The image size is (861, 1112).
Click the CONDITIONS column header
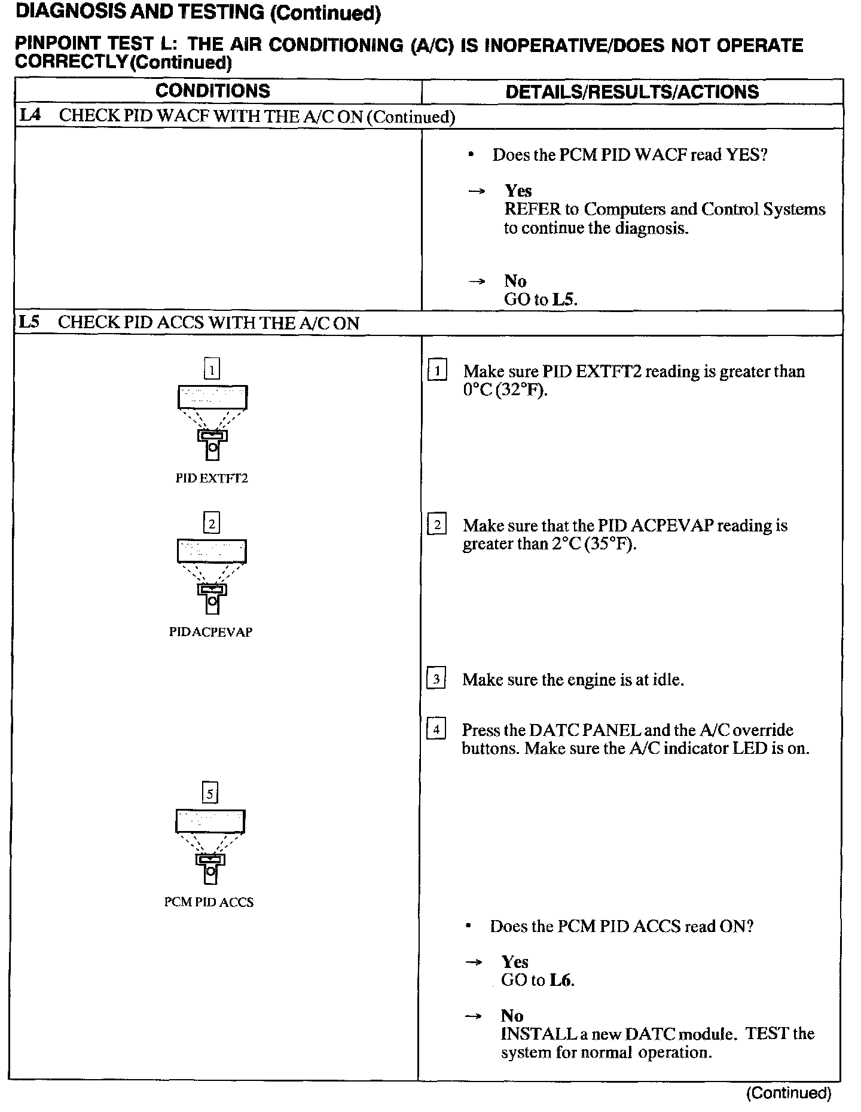pyautogui.click(x=212, y=91)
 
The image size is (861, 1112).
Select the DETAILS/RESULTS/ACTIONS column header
pyautogui.click(x=632, y=91)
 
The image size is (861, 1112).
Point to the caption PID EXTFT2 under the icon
pyautogui.click(x=211, y=478)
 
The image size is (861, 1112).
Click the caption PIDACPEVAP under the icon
pyautogui.click(x=210, y=632)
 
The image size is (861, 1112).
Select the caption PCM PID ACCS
pyautogui.click(x=209, y=902)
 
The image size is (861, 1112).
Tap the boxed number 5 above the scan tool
pyautogui.click(x=210, y=794)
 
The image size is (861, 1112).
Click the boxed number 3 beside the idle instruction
pyautogui.click(x=436, y=679)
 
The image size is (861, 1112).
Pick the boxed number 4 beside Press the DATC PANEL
pyautogui.click(x=436, y=729)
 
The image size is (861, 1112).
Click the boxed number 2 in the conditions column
pyautogui.click(x=212, y=524)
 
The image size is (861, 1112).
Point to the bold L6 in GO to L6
pyautogui.click(x=561, y=980)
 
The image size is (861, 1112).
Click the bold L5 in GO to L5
pyautogui.click(x=563, y=299)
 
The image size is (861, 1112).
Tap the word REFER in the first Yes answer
pyautogui.click(x=532, y=209)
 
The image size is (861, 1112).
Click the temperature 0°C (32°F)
pyautogui.click(x=505, y=390)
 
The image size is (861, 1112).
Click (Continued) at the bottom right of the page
pyautogui.click(x=789, y=1093)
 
